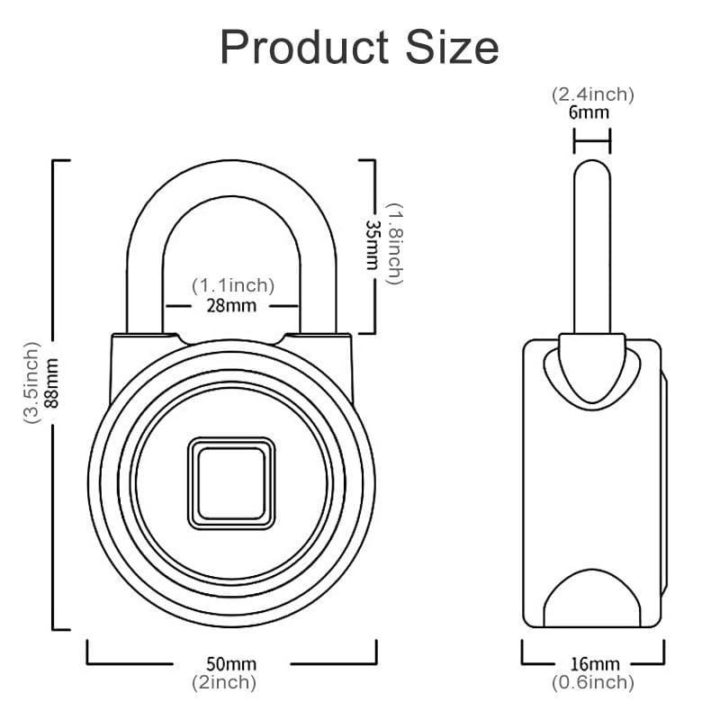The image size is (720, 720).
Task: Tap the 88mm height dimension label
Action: click(x=52, y=382)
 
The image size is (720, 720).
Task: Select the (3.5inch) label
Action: click(x=32, y=382)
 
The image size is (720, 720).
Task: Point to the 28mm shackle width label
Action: click(x=232, y=305)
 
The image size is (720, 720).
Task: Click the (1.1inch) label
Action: click(x=232, y=285)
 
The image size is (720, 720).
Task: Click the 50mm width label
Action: click(x=231, y=664)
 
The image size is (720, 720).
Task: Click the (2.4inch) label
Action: click(x=593, y=94)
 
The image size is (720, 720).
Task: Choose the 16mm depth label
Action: click(x=594, y=664)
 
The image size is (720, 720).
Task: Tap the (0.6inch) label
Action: click(x=594, y=682)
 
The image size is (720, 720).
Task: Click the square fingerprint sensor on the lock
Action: click(x=231, y=482)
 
